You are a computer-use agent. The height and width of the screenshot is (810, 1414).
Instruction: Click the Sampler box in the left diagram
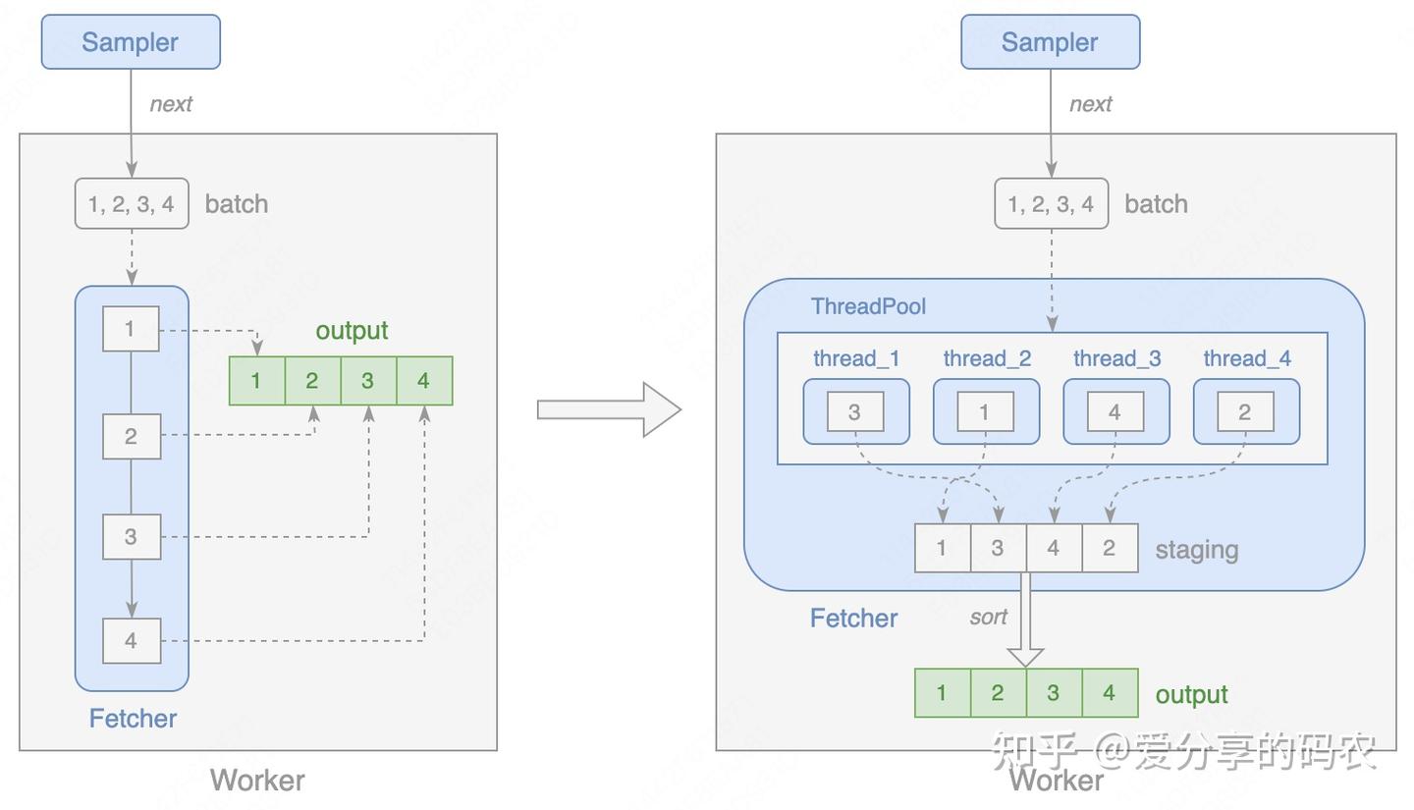pos(131,42)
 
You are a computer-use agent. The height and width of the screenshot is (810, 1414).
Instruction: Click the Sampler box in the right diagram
pos(1050,42)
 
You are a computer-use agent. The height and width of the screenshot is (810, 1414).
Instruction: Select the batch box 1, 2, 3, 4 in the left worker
pos(132,204)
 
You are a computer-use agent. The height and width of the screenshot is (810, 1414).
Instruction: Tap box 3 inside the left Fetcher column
pos(132,537)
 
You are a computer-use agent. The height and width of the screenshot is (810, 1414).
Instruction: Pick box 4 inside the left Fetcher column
pos(132,641)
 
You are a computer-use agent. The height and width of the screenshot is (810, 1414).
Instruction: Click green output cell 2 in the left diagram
pos(312,381)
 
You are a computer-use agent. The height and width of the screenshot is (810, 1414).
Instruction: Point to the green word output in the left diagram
pos(352,331)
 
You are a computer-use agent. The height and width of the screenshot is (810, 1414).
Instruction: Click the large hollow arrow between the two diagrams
pos(609,409)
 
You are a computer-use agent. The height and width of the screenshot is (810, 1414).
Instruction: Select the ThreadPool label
pos(868,306)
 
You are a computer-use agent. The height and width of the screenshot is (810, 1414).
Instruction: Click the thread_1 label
pos(856,359)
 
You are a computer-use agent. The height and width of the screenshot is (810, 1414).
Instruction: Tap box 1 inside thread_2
pos(985,412)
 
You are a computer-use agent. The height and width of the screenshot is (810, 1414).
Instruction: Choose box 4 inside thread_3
pos(1115,412)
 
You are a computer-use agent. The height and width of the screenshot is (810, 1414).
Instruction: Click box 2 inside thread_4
pos(1245,412)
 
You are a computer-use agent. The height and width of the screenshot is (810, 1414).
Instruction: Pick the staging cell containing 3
pos(998,548)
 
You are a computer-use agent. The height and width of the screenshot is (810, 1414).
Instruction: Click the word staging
pos(1196,550)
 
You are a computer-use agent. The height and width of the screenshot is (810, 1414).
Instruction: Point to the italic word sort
pos(988,618)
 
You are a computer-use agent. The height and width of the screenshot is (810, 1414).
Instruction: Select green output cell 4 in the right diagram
pos(1110,693)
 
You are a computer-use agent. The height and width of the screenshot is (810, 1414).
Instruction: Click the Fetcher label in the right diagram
pos(853,619)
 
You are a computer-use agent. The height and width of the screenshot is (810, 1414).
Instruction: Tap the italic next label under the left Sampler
pos(171,104)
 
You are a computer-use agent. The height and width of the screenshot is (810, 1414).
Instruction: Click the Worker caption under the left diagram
pos(257,781)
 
